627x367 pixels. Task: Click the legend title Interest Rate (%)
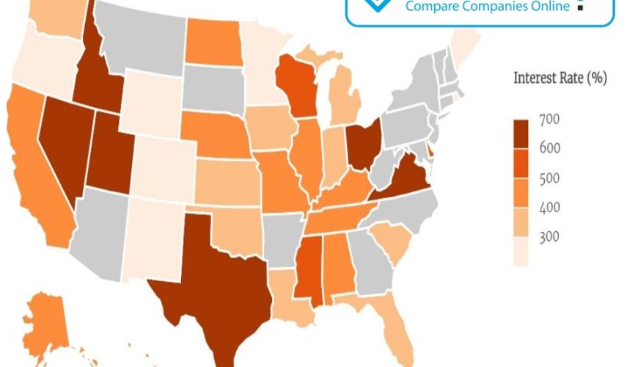[560, 79]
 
